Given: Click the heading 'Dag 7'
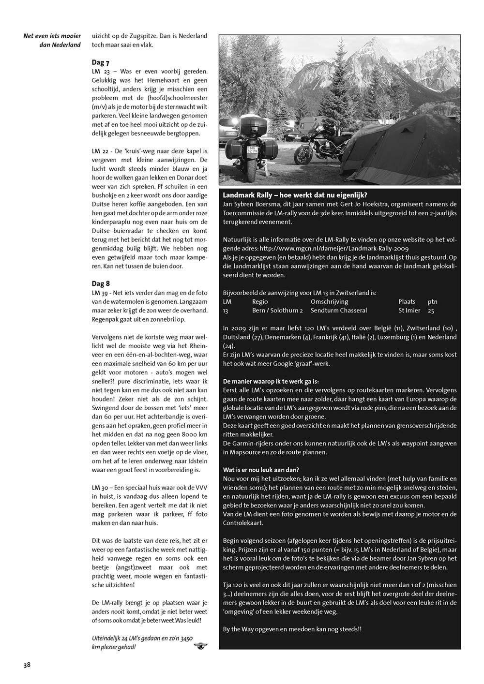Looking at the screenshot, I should [100, 63].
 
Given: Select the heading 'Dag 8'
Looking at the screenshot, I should [101, 283].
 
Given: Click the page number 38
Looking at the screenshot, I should [27, 665].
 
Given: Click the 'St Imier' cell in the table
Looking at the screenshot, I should [409, 310].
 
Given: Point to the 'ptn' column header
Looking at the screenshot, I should [432, 301].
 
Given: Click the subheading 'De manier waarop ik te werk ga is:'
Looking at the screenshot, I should [271, 381].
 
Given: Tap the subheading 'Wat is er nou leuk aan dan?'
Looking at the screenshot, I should [261, 470].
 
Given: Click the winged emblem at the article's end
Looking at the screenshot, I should [199, 645].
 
